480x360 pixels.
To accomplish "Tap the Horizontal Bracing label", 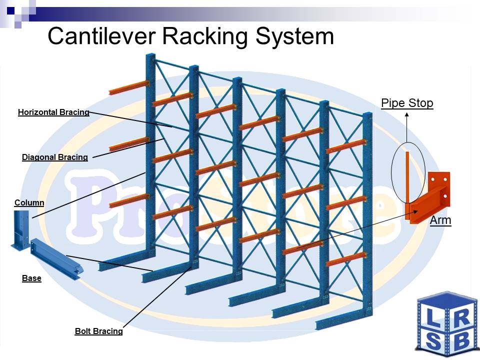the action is (53, 112).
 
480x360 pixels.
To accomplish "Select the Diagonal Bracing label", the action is (55, 157).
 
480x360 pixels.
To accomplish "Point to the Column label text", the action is (29, 202).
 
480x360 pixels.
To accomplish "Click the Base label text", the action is (31, 278).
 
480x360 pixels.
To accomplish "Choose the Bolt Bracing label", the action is (99, 331).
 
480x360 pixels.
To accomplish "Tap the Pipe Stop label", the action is (407, 103).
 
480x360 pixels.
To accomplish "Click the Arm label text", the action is (440, 220).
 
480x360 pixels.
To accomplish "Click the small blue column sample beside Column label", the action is (21, 229).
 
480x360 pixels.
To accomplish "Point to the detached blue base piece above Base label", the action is (56, 258).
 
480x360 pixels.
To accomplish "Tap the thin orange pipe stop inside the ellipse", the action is (407, 177).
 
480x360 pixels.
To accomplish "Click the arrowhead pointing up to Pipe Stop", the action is (407, 114).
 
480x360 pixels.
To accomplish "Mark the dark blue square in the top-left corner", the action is (10, 10).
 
